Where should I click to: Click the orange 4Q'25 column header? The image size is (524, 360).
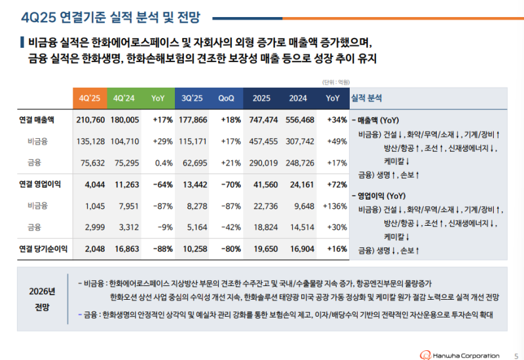pos(90,98)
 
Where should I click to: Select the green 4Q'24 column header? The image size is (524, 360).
pos(124,98)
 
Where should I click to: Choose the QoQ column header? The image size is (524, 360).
pos(227,98)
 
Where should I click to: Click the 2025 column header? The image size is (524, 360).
pos(261,98)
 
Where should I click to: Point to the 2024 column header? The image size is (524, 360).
pos(298,98)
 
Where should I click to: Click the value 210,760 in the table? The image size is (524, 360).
pos(90,120)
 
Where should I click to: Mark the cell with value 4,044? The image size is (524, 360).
pos(95,185)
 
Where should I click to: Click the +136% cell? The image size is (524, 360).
pos(334,206)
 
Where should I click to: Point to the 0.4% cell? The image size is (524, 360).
pos(163,163)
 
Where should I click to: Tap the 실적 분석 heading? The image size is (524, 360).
pos(367,98)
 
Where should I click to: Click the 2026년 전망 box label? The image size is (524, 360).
pos(43,298)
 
